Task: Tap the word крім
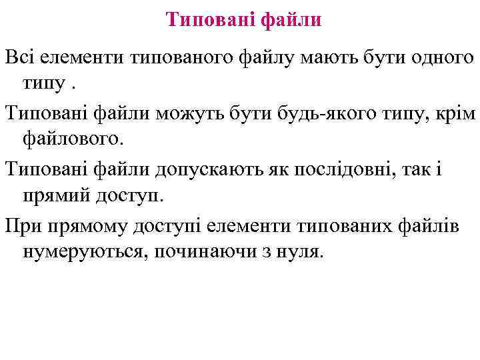(455, 114)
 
